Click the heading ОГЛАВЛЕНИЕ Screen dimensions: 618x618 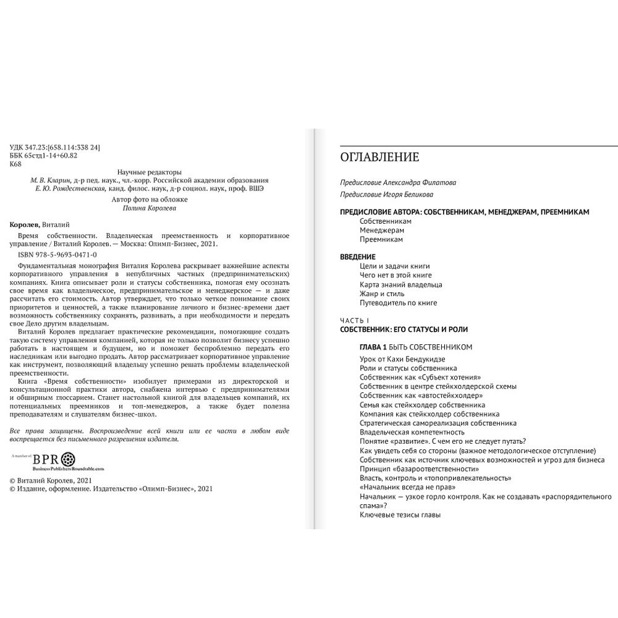pyautogui.click(x=379, y=157)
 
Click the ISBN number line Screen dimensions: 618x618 pyautogui.click(x=53, y=254)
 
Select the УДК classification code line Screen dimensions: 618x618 pyautogui.click(x=56, y=147)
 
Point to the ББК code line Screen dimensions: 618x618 pyautogui.click(x=44, y=156)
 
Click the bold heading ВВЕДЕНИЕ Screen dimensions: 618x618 pyautogui.click(x=358, y=256)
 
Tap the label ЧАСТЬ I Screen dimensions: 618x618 pyautogui.click(x=354, y=320)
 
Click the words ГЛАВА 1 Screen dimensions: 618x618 pyautogui.click(x=373, y=347)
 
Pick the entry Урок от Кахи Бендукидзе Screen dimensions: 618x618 pyautogui.click(x=402, y=359)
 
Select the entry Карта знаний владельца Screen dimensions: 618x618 pyautogui.click(x=400, y=284)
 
